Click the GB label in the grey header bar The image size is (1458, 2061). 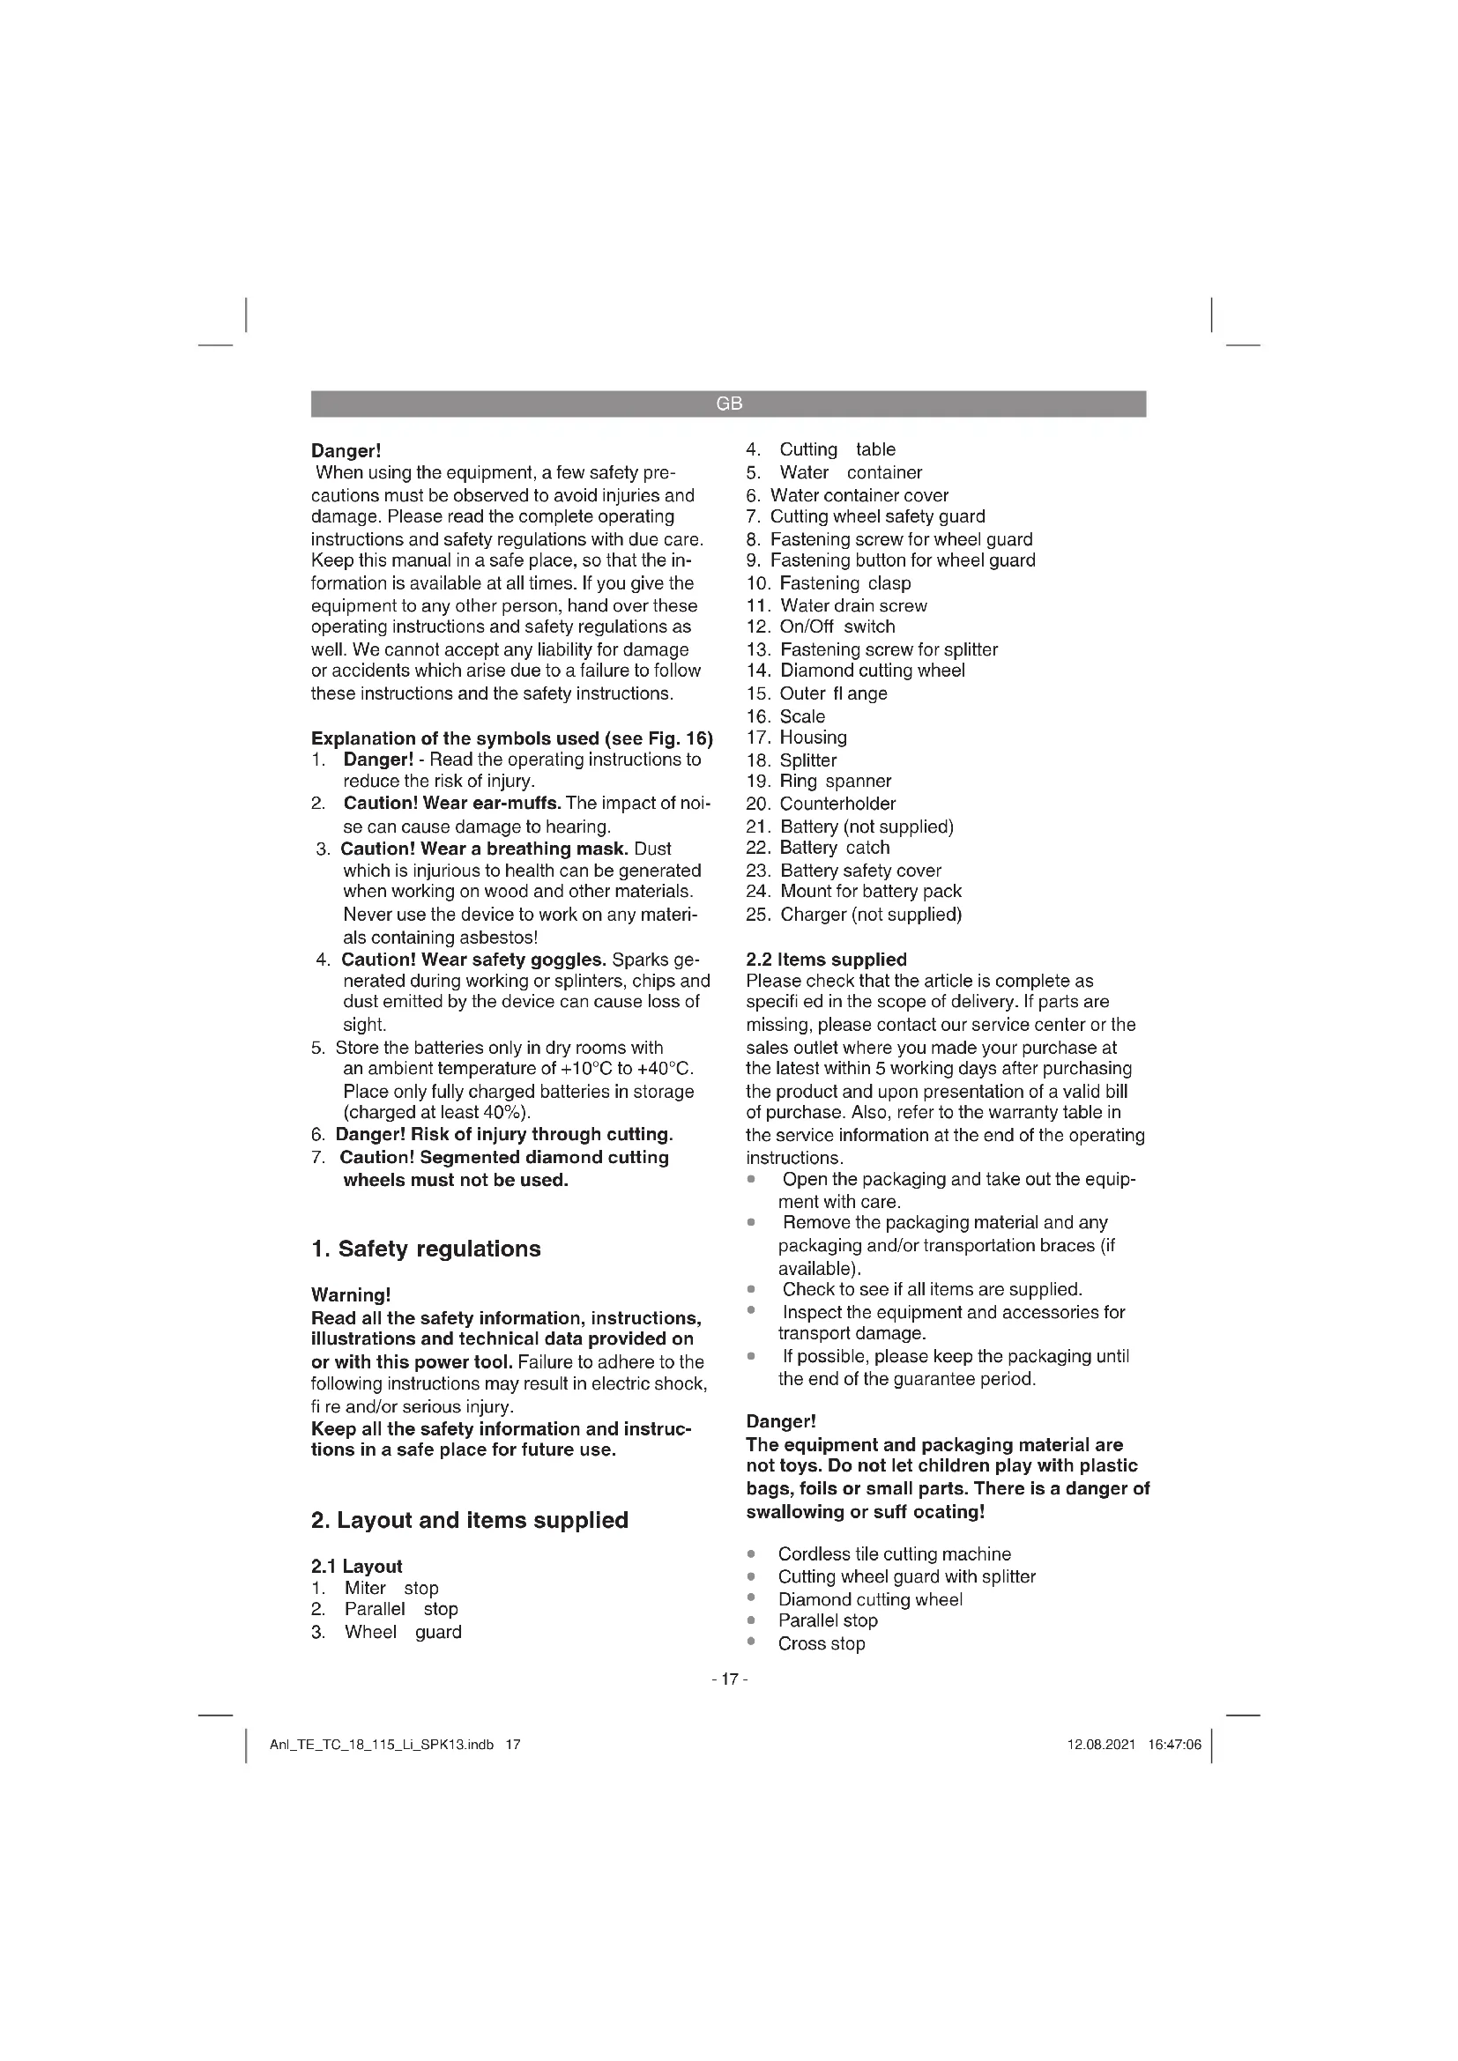point(729,404)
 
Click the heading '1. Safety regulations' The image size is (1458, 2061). point(426,1249)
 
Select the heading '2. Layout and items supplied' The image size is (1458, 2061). point(470,1520)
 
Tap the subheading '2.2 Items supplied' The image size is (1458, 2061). point(826,959)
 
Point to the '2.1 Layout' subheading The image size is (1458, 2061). point(356,1566)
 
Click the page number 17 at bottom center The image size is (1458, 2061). point(729,1679)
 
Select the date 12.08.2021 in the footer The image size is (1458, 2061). point(1101,1745)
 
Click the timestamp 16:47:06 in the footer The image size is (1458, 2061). point(1173,1745)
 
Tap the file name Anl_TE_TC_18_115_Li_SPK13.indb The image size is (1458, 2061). point(382,1745)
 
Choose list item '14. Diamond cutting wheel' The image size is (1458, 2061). point(855,671)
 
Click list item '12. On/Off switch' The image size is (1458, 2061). point(821,626)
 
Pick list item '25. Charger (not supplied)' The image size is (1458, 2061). point(853,914)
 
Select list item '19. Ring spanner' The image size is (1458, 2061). point(818,781)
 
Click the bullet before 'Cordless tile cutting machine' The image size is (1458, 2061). point(751,1553)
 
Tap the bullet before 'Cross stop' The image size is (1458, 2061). point(751,1642)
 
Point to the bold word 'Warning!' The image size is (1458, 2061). point(351,1294)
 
